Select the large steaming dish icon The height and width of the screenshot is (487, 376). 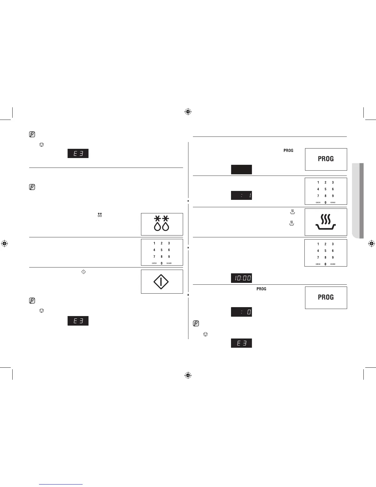pos(326,222)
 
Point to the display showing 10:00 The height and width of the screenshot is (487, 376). pos(241,278)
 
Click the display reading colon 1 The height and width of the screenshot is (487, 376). pos(241,195)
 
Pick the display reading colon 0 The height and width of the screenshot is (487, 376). pos(241,312)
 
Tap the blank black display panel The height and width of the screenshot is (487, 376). pos(241,169)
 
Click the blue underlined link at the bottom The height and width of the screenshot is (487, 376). pos(61,484)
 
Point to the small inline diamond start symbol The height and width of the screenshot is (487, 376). pos(83,272)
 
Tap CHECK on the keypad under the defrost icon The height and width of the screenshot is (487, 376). pos(154,263)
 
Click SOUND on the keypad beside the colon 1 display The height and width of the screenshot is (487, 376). pos(333,203)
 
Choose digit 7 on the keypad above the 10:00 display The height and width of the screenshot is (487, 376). pos(318,257)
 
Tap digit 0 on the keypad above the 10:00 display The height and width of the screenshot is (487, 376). pos(325,264)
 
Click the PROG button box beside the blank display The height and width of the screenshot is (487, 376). pos(326,159)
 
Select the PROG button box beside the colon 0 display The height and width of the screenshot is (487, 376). pos(326,297)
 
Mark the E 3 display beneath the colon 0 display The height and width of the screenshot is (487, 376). pos(241,343)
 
